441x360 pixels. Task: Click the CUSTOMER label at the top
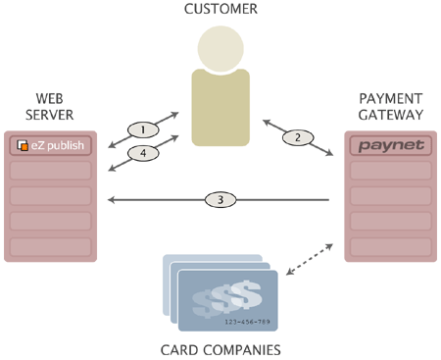(220, 9)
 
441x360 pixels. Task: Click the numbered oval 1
(143, 129)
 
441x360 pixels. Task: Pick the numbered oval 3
(220, 199)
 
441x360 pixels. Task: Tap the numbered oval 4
(143, 153)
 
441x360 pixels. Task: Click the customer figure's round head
(220, 47)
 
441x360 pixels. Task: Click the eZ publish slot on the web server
(51, 147)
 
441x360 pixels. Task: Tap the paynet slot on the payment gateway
(391, 147)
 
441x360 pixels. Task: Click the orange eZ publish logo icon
(22, 147)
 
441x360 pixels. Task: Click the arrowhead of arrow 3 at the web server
(111, 199)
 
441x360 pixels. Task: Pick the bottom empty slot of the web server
(51, 245)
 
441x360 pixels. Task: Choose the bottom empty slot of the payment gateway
(391, 245)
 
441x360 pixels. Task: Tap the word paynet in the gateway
(391, 147)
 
